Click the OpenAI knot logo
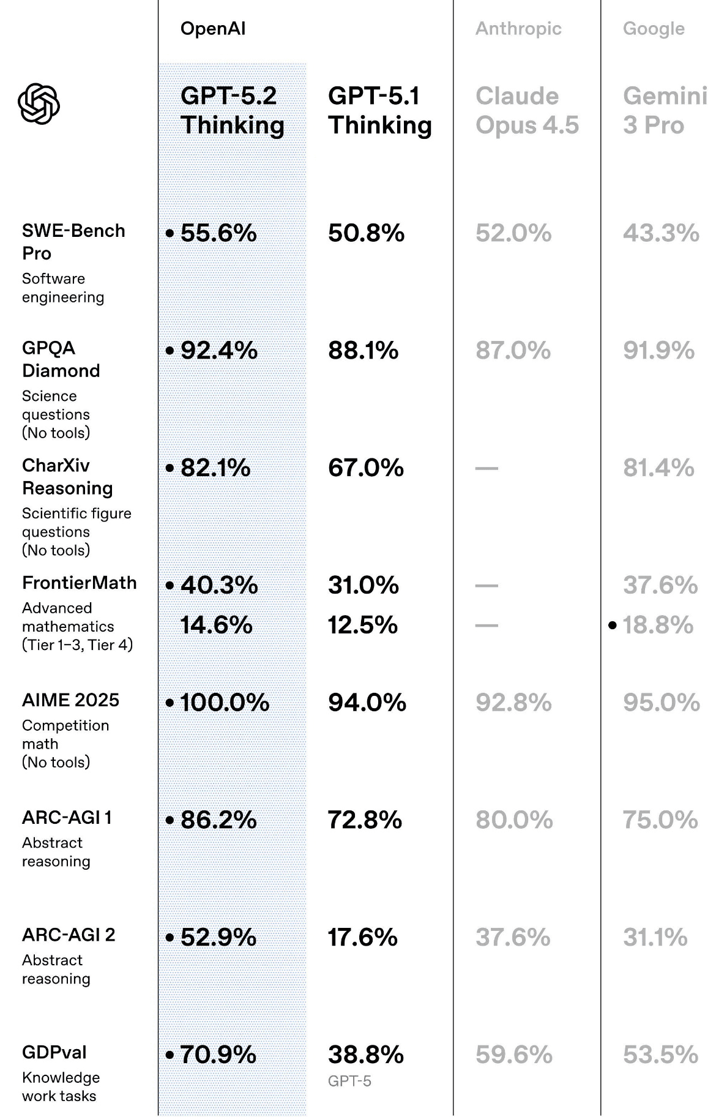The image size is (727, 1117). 39,103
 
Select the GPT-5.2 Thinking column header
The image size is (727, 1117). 232,110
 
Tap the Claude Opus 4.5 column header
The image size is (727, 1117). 526,110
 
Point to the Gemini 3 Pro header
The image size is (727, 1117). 665,110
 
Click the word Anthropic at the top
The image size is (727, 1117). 518,29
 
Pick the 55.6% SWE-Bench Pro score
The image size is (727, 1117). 218,233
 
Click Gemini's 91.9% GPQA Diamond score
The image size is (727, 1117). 658,351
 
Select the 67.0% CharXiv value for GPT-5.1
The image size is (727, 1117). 365,468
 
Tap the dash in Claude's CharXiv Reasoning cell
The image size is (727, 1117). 487,468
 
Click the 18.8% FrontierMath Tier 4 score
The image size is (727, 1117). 658,625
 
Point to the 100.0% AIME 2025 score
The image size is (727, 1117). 225,703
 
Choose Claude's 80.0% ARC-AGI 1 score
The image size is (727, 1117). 514,820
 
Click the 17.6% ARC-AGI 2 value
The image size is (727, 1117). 362,938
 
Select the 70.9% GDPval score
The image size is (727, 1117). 218,1055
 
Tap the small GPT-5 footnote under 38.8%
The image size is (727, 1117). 349,1082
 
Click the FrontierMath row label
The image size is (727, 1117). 79,583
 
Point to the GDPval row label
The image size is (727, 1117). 54,1053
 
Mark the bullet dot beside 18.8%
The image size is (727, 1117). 613,626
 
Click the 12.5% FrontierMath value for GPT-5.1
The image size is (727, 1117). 362,625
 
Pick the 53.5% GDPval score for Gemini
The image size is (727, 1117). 660,1055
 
